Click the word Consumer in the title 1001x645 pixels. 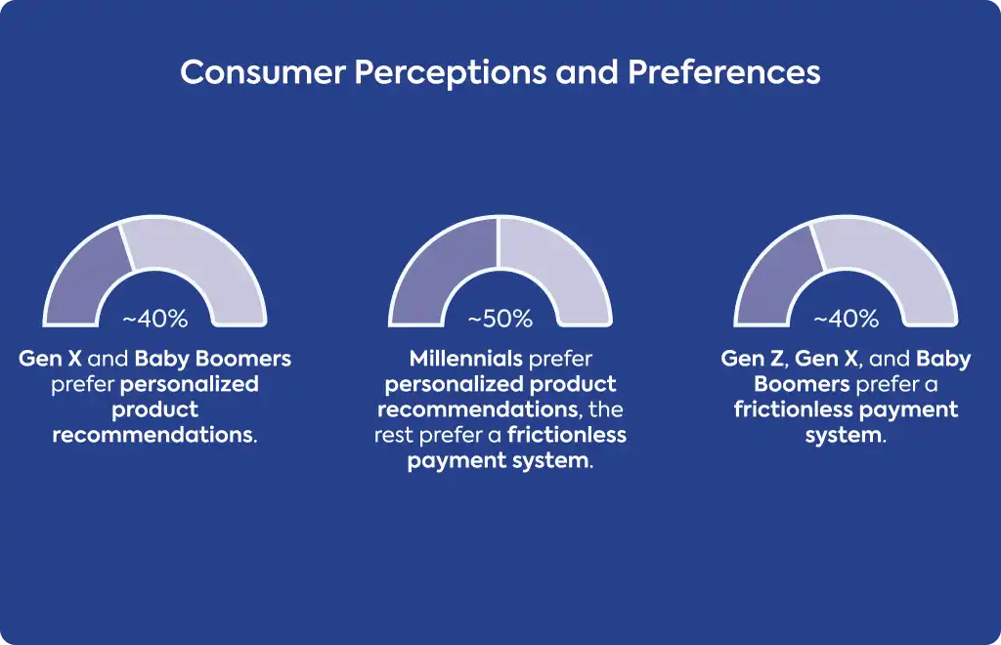tap(263, 72)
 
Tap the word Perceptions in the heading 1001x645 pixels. tap(451, 73)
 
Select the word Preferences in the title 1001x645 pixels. tap(724, 72)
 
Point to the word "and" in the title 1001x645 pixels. tap(588, 72)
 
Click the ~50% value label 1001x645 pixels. tap(500, 319)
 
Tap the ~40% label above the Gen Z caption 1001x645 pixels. tap(846, 319)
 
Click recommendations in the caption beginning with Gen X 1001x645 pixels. tap(154, 435)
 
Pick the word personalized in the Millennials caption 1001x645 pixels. tap(453, 385)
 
